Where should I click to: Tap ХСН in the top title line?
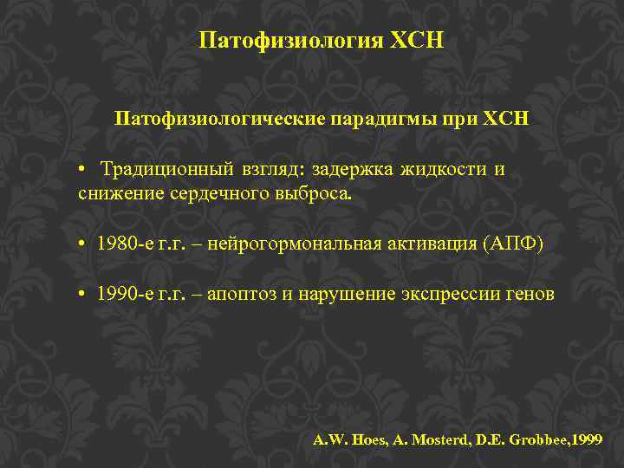click(419, 41)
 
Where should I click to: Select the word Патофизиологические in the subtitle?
click(219, 117)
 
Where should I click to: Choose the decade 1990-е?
click(126, 295)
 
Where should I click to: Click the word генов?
click(529, 295)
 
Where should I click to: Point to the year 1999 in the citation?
click(588, 439)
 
